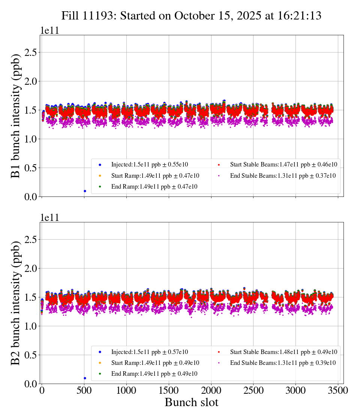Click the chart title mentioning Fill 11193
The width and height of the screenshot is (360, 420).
[x=191, y=15]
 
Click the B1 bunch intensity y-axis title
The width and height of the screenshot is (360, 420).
[x=15, y=116]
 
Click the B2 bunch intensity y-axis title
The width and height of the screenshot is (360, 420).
[x=15, y=303]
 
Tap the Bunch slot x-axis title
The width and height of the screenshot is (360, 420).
[x=191, y=402]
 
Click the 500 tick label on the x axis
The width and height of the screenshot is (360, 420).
[x=84, y=390]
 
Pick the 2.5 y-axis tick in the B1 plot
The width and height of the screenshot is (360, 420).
[x=32, y=52]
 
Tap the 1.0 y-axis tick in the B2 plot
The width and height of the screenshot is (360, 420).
[x=32, y=326]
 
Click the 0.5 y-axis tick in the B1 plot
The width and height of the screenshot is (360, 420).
[x=32, y=168]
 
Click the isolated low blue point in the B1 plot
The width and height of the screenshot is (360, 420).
[x=85, y=191]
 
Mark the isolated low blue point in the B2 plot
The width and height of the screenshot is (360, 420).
[x=85, y=378]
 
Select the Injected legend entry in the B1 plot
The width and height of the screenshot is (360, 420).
[x=149, y=164]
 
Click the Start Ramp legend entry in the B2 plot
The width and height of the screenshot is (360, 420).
[x=155, y=363]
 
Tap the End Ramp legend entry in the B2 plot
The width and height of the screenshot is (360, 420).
[x=154, y=373]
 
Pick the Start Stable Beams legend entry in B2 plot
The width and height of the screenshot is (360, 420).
[x=283, y=352]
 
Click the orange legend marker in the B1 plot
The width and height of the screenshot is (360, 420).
[x=100, y=175]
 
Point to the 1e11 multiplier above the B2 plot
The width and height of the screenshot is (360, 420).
[x=49, y=218]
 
